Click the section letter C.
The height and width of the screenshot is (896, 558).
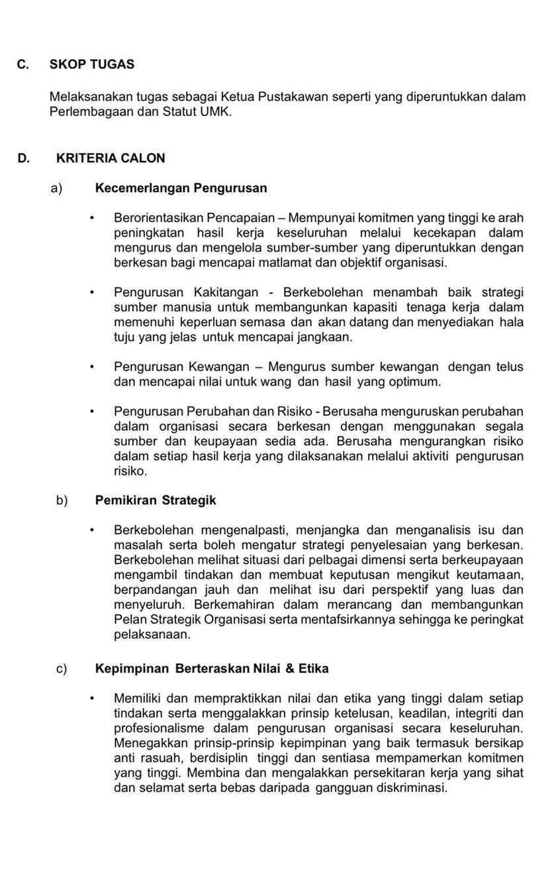click(x=23, y=64)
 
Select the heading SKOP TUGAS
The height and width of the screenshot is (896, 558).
click(x=92, y=64)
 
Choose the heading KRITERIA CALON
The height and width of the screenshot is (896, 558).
click(x=111, y=158)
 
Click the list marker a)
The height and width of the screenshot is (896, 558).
click(x=56, y=188)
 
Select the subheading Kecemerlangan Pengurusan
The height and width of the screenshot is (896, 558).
click(x=181, y=188)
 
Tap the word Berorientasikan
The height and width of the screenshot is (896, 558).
click(x=158, y=217)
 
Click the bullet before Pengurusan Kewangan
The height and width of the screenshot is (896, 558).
click(x=93, y=367)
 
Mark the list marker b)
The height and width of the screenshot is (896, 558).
click(x=62, y=500)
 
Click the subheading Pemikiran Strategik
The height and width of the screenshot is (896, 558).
click(x=156, y=500)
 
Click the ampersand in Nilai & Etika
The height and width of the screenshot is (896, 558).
click(x=289, y=669)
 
